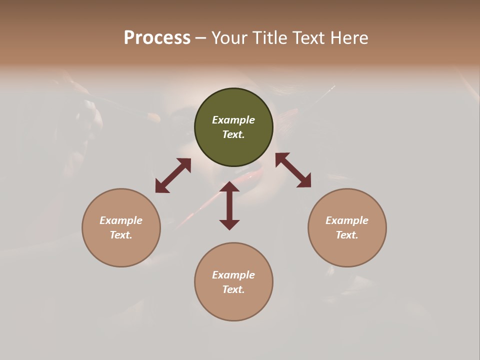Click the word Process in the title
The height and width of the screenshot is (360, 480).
pos(157,38)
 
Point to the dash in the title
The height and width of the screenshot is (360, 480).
pos(201,38)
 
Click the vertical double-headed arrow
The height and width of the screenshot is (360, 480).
pos(229,205)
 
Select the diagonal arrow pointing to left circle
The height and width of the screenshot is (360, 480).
pos(173,175)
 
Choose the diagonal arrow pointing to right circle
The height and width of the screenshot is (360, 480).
pos(293,170)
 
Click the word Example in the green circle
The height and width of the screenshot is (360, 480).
pos(233,120)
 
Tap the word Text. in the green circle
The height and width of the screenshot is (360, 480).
pos(233,134)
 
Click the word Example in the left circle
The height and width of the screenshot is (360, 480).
pos(121,220)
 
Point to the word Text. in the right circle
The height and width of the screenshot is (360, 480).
pos(347,235)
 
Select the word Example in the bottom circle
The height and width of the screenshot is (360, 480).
pos(233,275)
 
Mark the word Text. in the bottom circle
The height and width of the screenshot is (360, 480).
pos(233,289)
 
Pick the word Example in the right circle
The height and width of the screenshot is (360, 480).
pos(347,220)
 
